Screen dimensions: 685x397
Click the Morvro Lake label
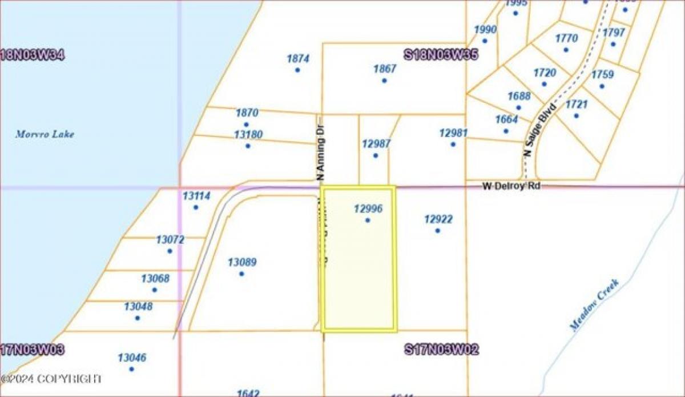pyautogui.click(x=45, y=135)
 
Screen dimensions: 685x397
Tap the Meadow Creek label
pyautogui.click(x=594, y=304)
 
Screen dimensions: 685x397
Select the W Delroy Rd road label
pyautogui.click(x=511, y=186)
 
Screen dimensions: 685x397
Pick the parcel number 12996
pyautogui.click(x=368, y=209)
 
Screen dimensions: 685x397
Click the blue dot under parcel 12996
pyautogui.click(x=368, y=220)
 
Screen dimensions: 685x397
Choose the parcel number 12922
pyautogui.click(x=438, y=219)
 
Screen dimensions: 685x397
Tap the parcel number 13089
pyautogui.click(x=242, y=262)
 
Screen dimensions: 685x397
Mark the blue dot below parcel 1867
pyautogui.click(x=384, y=81)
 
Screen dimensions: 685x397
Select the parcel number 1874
pyautogui.click(x=297, y=58)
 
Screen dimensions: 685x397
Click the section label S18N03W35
pyautogui.click(x=441, y=55)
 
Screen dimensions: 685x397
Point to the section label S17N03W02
pyautogui.click(x=441, y=349)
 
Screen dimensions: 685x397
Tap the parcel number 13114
pyautogui.click(x=196, y=196)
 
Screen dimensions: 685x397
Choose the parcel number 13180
pyautogui.click(x=248, y=134)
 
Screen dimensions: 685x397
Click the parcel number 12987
pyautogui.click(x=376, y=144)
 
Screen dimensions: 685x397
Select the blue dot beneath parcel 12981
pyautogui.click(x=453, y=145)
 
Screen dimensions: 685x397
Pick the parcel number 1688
pyautogui.click(x=519, y=96)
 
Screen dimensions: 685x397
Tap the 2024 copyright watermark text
pyautogui.click(x=51, y=378)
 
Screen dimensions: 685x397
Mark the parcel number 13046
pyautogui.click(x=132, y=358)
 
